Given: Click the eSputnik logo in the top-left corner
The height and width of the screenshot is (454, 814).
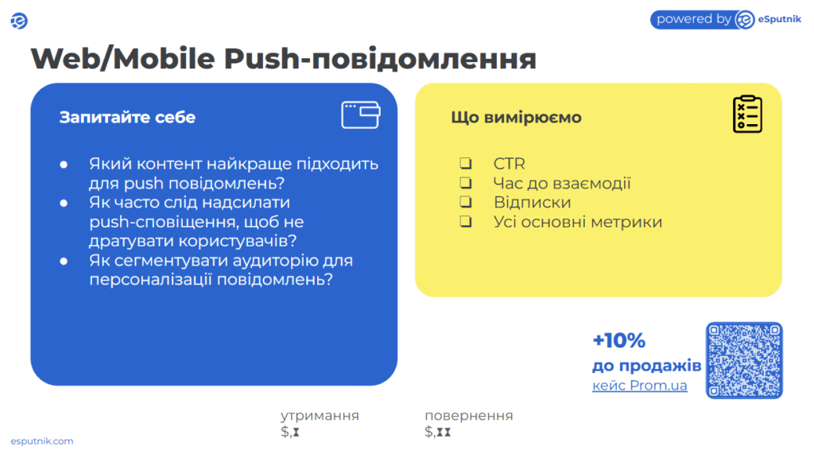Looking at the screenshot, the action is point(19,21).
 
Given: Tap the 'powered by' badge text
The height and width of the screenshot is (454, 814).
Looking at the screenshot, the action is point(693,19).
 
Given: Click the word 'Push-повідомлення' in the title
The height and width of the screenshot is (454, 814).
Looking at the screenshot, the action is point(380,58).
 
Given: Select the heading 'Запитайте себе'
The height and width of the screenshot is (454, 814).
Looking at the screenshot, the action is point(127,118).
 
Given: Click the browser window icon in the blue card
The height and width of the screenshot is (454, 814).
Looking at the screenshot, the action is point(361,114).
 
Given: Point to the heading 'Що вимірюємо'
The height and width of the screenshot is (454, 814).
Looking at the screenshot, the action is point(516,118).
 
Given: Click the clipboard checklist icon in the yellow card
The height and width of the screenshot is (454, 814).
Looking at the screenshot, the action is point(747,114).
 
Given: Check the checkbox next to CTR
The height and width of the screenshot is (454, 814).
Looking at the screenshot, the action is point(466,163).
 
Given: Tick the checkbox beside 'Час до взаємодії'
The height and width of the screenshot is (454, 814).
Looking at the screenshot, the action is point(466,182).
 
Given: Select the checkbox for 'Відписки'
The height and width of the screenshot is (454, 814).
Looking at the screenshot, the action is point(466,201).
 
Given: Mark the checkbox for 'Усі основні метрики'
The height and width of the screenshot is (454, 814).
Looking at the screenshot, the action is point(466,221).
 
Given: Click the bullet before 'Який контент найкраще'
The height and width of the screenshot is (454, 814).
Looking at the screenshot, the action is point(64,165).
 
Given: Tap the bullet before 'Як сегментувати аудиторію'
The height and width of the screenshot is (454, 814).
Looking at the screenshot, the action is point(64,261).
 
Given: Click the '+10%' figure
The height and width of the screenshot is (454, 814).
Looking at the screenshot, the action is point(618,341).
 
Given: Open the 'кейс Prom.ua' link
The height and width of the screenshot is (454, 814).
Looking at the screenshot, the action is point(640,386).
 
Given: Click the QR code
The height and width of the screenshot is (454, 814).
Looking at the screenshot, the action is point(744,360).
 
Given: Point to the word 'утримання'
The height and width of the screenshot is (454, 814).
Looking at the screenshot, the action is point(320,416).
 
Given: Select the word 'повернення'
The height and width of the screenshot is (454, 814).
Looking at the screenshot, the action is point(469,416).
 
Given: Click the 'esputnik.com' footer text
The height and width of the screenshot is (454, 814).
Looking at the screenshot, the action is point(42,441).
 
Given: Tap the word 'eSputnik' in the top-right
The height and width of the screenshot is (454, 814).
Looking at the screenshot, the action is point(779,19).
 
